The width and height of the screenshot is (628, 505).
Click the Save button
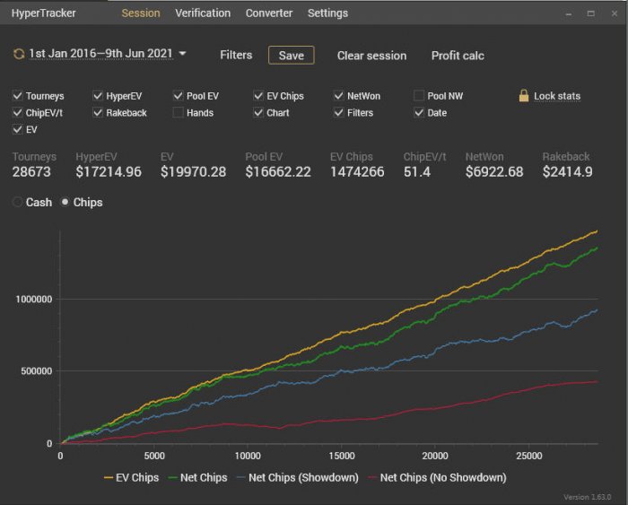point(292,56)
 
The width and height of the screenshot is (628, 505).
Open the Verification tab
point(203,13)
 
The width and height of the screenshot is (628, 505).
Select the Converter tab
point(269,13)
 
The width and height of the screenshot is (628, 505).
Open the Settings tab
point(327,13)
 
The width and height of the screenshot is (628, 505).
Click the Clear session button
point(371,56)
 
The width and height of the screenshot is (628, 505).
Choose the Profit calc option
point(458,56)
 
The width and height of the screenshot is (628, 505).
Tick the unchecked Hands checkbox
point(178,112)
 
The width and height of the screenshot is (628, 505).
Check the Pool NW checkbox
point(419,96)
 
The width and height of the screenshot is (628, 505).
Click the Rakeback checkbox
point(98,112)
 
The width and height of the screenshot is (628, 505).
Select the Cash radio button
point(17,202)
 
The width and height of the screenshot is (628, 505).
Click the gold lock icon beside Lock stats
point(524,95)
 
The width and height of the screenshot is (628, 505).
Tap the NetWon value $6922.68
point(494,172)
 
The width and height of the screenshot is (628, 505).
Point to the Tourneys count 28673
point(31,172)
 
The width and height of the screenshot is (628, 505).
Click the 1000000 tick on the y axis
point(34,300)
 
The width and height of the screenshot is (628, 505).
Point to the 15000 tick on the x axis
point(342,456)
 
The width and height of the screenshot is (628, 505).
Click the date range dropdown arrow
point(182,53)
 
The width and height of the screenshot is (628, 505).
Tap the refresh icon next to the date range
point(19,54)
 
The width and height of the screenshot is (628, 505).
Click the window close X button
point(615,13)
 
